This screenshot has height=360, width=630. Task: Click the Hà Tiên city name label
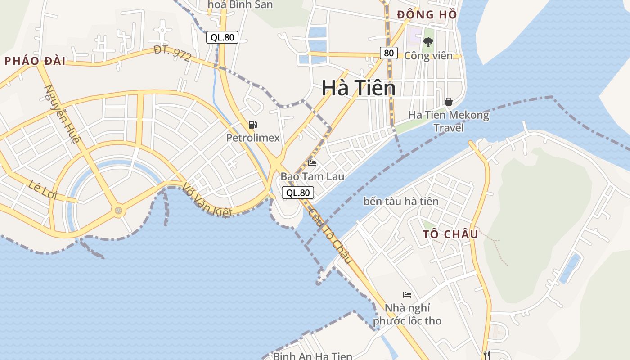(359, 88)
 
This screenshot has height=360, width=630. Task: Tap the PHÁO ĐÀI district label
(35, 62)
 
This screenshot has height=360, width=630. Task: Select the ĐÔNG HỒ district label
(427, 15)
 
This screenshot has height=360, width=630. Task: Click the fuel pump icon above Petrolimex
(252, 125)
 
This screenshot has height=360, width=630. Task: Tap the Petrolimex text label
(253, 138)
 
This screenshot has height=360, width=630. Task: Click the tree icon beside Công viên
(428, 43)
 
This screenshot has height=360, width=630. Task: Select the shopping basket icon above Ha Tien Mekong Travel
(448, 102)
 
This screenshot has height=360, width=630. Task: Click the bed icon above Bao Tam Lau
(312, 163)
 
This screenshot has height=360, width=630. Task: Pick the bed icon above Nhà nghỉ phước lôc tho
(407, 295)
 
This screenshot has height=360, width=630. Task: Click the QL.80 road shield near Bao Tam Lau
(298, 193)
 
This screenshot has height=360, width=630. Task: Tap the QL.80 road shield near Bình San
(222, 37)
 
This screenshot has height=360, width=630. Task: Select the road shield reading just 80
(389, 53)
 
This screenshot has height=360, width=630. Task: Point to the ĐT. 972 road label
(172, 54)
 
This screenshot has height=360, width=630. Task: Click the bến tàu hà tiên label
(401, 201)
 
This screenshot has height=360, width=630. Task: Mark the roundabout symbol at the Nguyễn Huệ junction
(118, 210)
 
